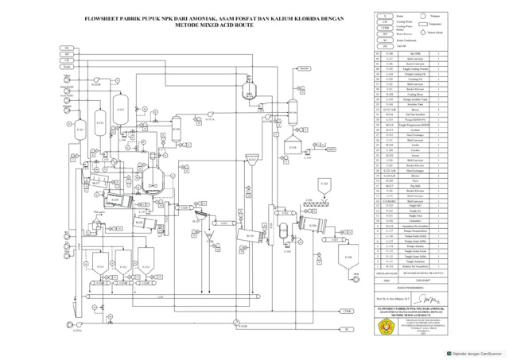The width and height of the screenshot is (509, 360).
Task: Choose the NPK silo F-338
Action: pos(347,260)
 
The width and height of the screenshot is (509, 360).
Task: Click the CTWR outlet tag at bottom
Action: pos(348,311)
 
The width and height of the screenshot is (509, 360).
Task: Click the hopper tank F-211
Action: pos(99,259)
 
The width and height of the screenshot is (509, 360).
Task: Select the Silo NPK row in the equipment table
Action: pos(413,55)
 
